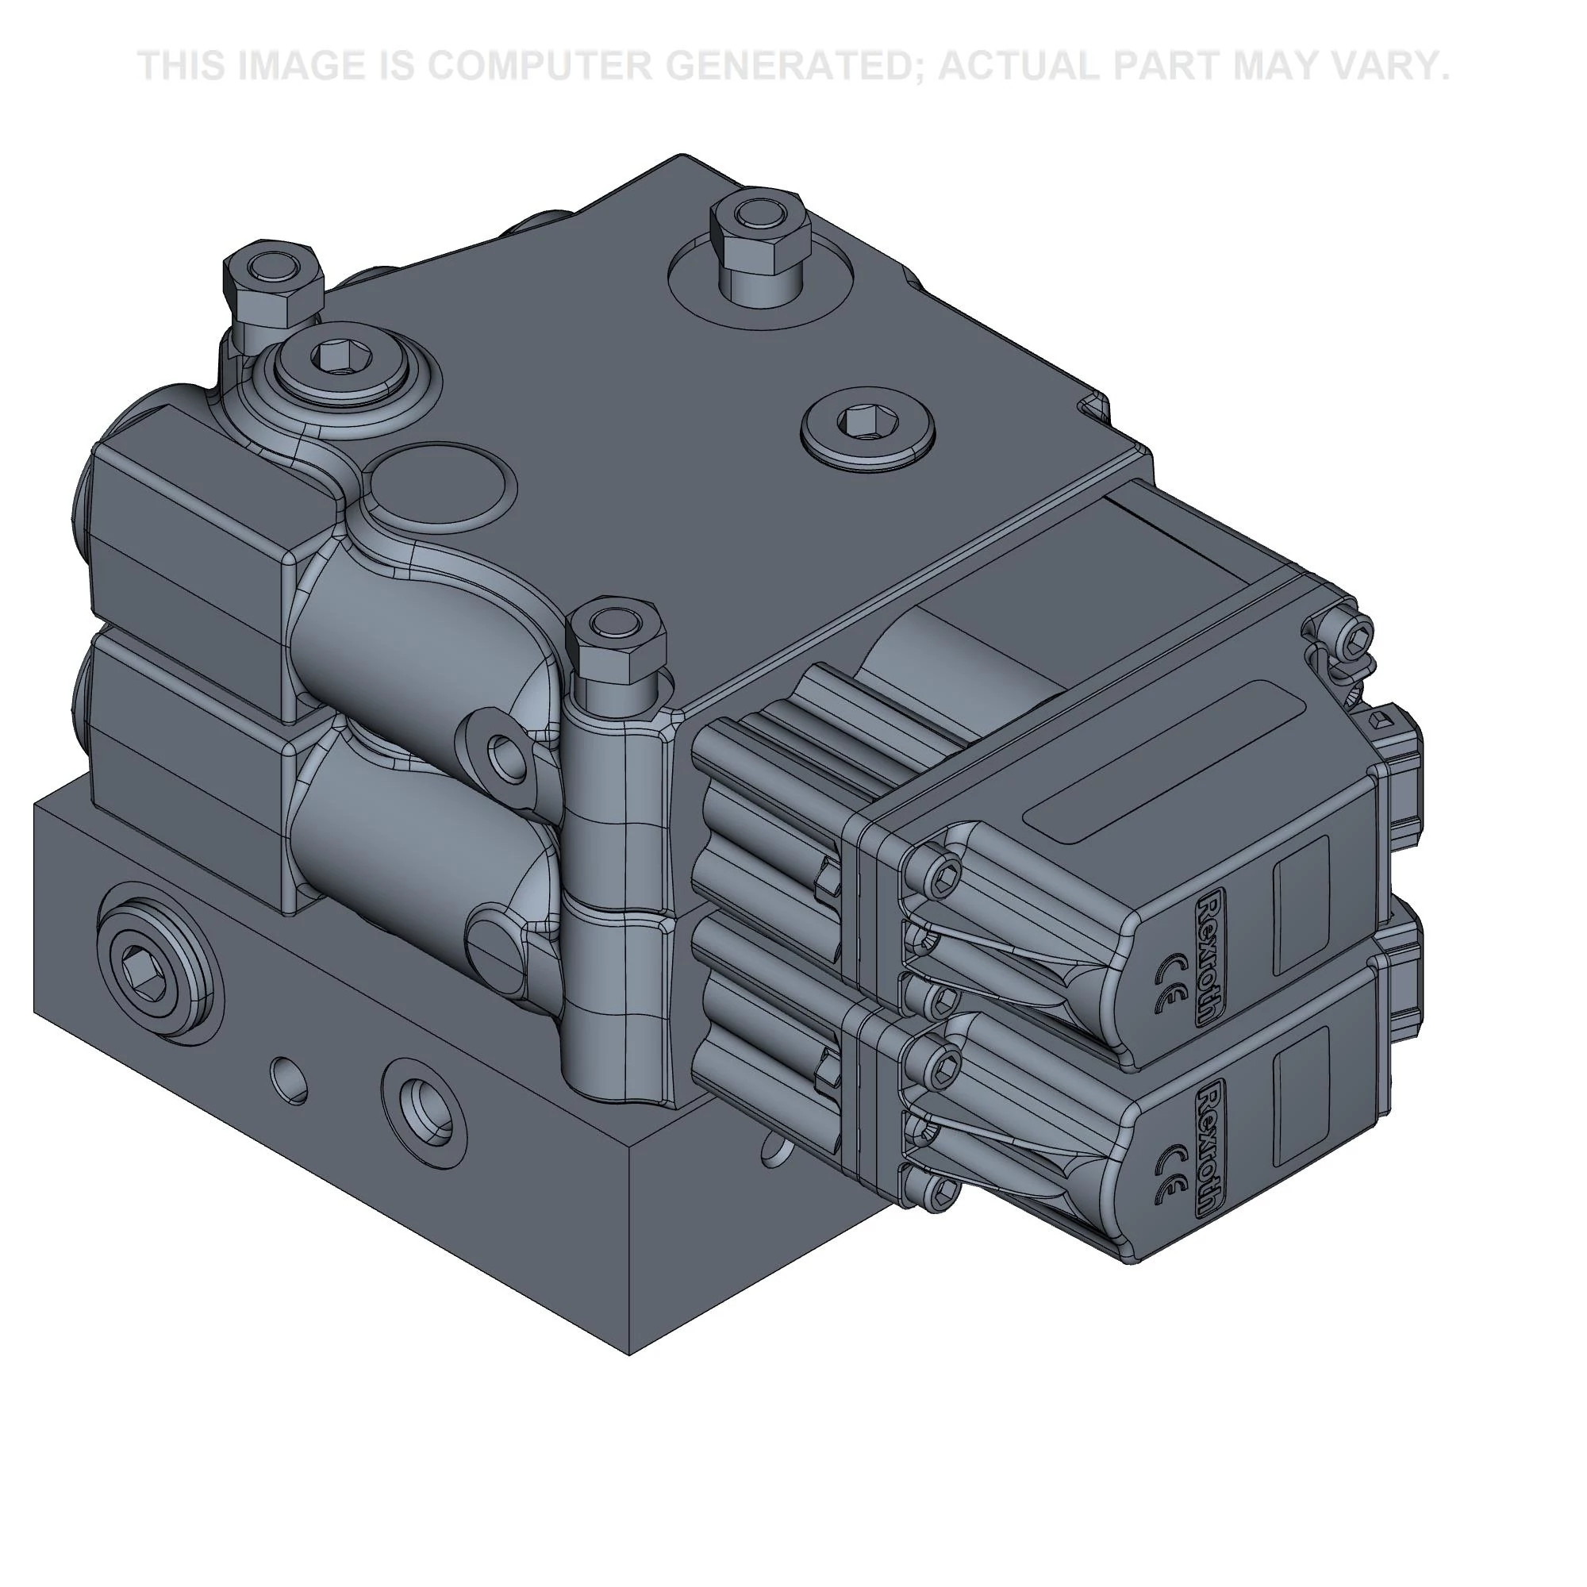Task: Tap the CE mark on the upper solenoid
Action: (x=1169, y=983)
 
